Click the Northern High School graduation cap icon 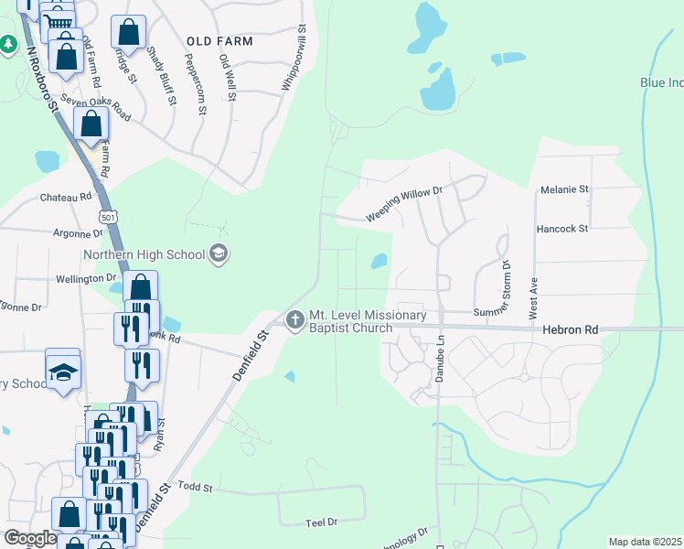pos(219,253)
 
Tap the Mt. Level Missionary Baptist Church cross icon pos(294,320)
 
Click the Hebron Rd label pos(569,329)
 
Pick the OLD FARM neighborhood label pos(219,41)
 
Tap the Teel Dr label pos(321,522)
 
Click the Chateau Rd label pos(66,197)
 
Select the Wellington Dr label pos(86,277)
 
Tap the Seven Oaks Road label pos(96,110)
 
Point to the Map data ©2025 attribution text pos(645,542)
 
